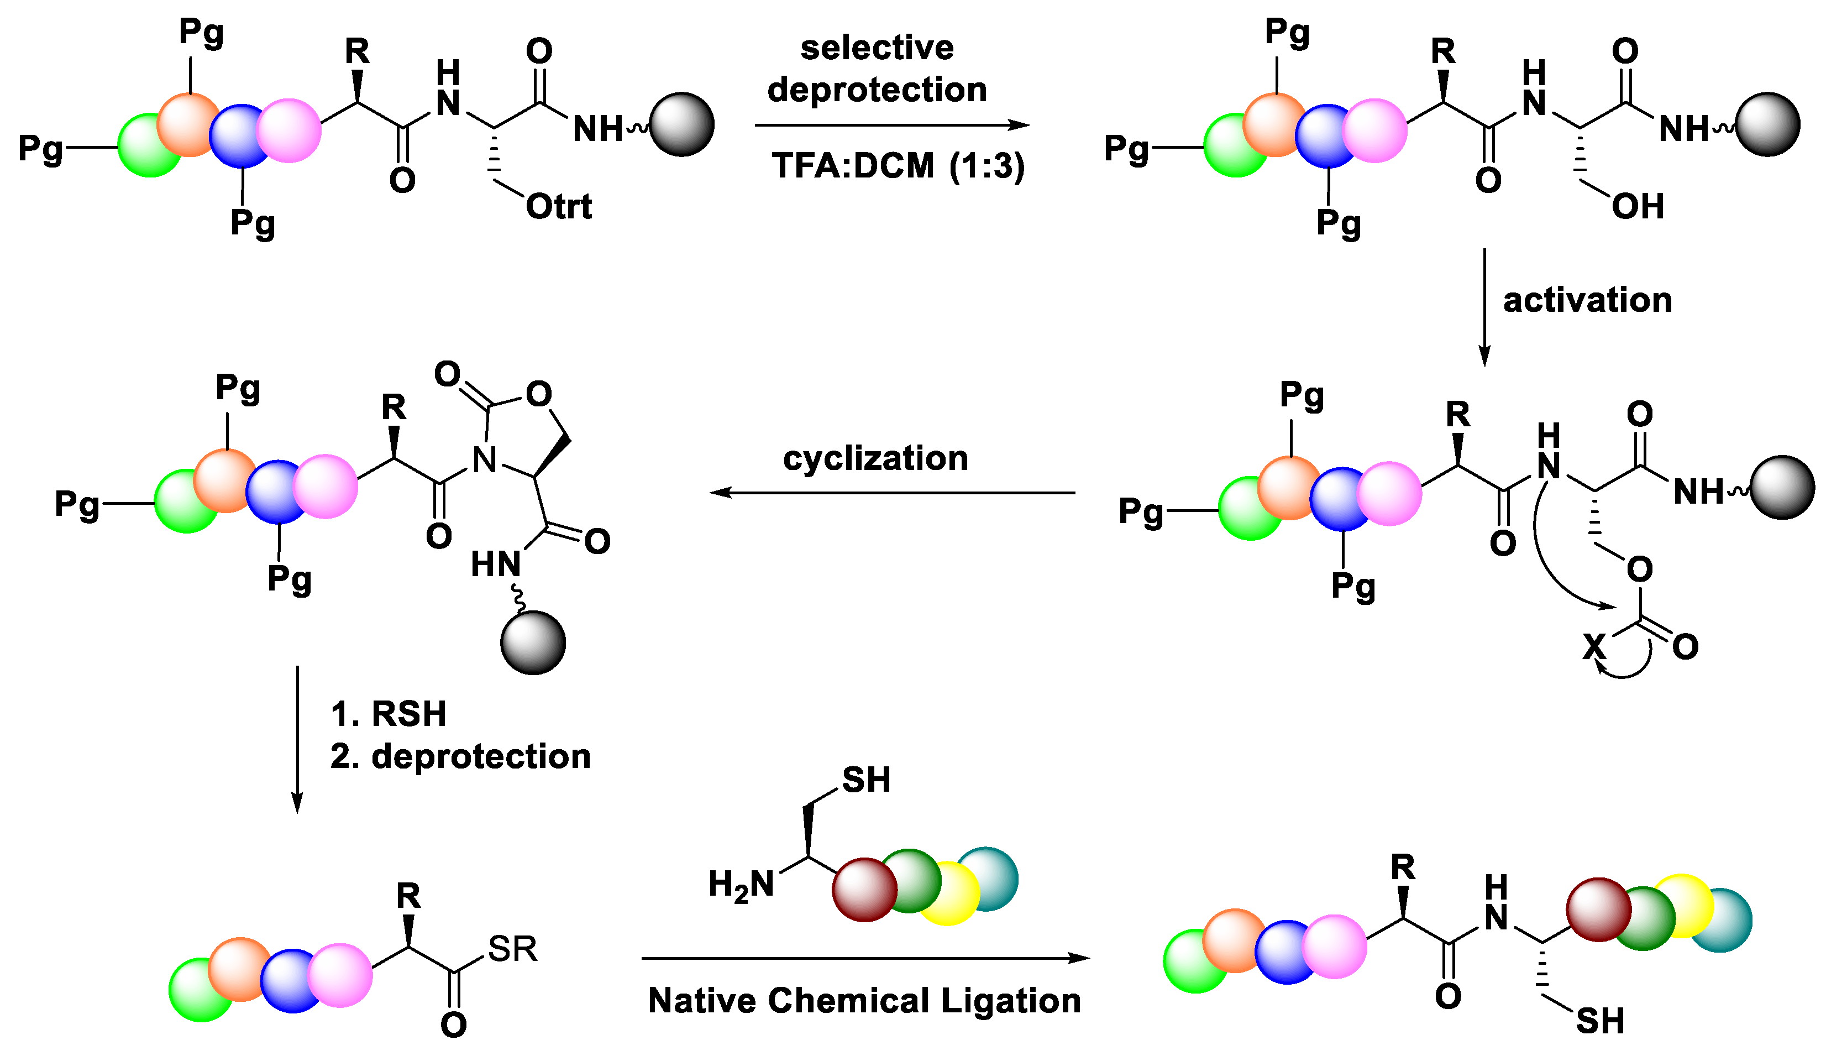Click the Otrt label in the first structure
tap(558, 207)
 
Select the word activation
tap(1587, 300)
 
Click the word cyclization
tap(875, 458)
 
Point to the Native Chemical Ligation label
tap(864, 1000)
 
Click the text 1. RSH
tap(389, 714)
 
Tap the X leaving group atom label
tap(1594, 646)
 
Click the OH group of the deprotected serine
tap(1637, 207)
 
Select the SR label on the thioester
tap(512, 949)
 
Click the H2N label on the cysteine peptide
tap(741, 885)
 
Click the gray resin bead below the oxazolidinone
tap(533, 643)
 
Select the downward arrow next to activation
tap(1484, 307)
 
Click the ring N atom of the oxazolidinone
tap(485, 459)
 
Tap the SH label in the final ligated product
tap(1600, 1021)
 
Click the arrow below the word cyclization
tap(891, 493)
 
